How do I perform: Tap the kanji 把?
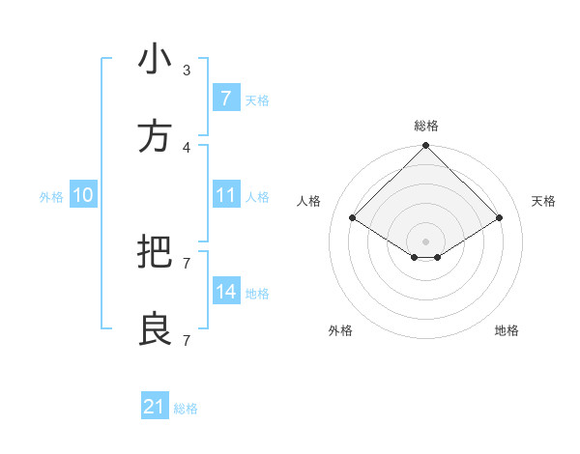[155, 253]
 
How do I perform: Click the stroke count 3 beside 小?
[187, 70]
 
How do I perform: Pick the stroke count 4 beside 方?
[187, 147]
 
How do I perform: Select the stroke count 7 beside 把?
[187, 263]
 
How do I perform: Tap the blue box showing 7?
[225, 99]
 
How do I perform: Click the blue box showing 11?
[225, 195]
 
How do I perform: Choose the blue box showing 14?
[225, 292]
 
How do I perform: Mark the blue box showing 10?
[83, 195]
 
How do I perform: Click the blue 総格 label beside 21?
[186, 409]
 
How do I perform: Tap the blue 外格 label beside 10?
[51, 197]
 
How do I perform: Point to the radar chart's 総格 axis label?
[426, 126]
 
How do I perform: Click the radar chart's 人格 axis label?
[309, 201]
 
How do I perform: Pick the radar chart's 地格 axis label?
[507, 330]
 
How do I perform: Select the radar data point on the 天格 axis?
[500, 217]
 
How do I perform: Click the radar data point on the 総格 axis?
[426, 147]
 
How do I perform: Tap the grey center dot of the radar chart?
[426, 241]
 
